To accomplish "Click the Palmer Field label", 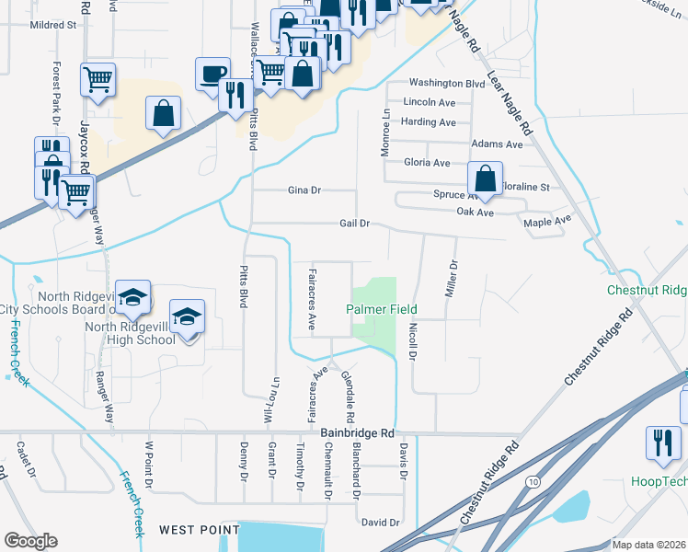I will tap(382, 309).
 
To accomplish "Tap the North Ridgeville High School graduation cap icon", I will tap(188, 316).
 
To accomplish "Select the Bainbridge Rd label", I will tap(357, 431).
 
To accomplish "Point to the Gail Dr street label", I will tap(354, 223).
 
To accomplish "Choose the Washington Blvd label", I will tap(446, 83).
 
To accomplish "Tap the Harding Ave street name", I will tap(429, 122).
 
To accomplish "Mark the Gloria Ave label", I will tap(427, 163).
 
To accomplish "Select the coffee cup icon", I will tap(212, 73).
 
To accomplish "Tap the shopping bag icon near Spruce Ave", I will tap(484, 178).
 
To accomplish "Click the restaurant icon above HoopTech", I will tap(662, 442).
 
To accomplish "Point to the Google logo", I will tap(30, 541).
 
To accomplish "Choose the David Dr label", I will tap(380, 522).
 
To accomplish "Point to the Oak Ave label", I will tap(476, 213).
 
